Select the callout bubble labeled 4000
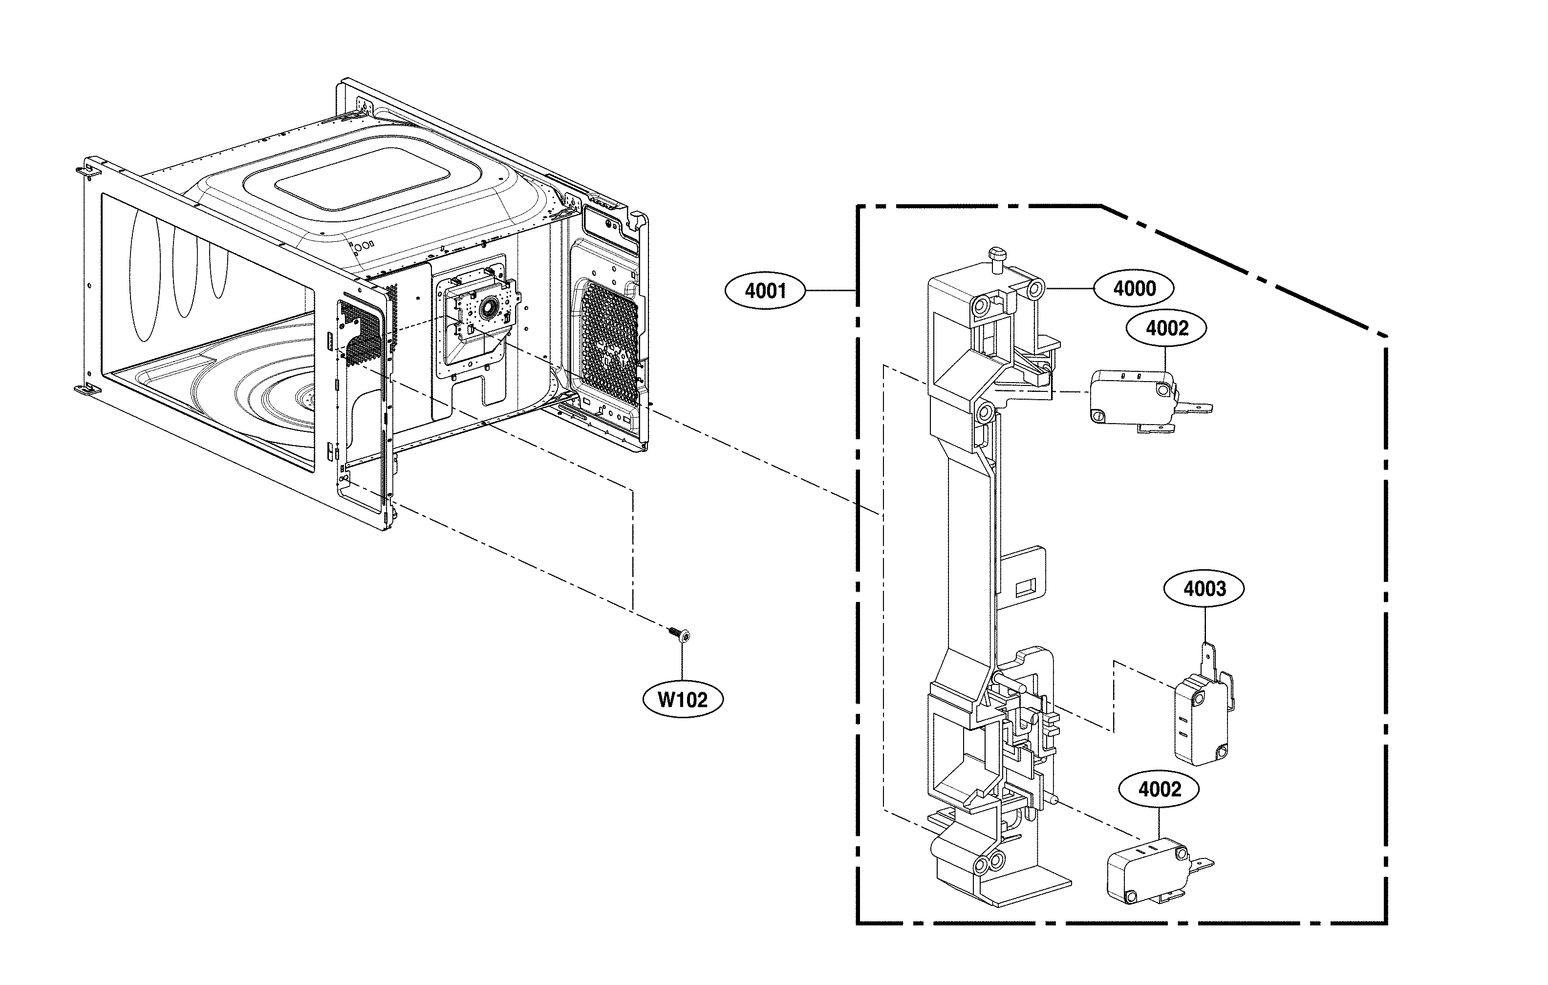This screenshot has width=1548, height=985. click(1134, 289)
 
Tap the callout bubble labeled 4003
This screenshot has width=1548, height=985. click(1204, 588)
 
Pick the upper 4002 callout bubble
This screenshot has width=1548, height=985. click(1166, 328)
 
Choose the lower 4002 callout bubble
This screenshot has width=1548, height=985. click(1159, 790)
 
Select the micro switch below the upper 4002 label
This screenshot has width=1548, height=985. click(1131, 397)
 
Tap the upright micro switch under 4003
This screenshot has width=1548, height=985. click(1200, 720)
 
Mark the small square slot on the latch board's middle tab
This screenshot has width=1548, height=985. click(1024, 586)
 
